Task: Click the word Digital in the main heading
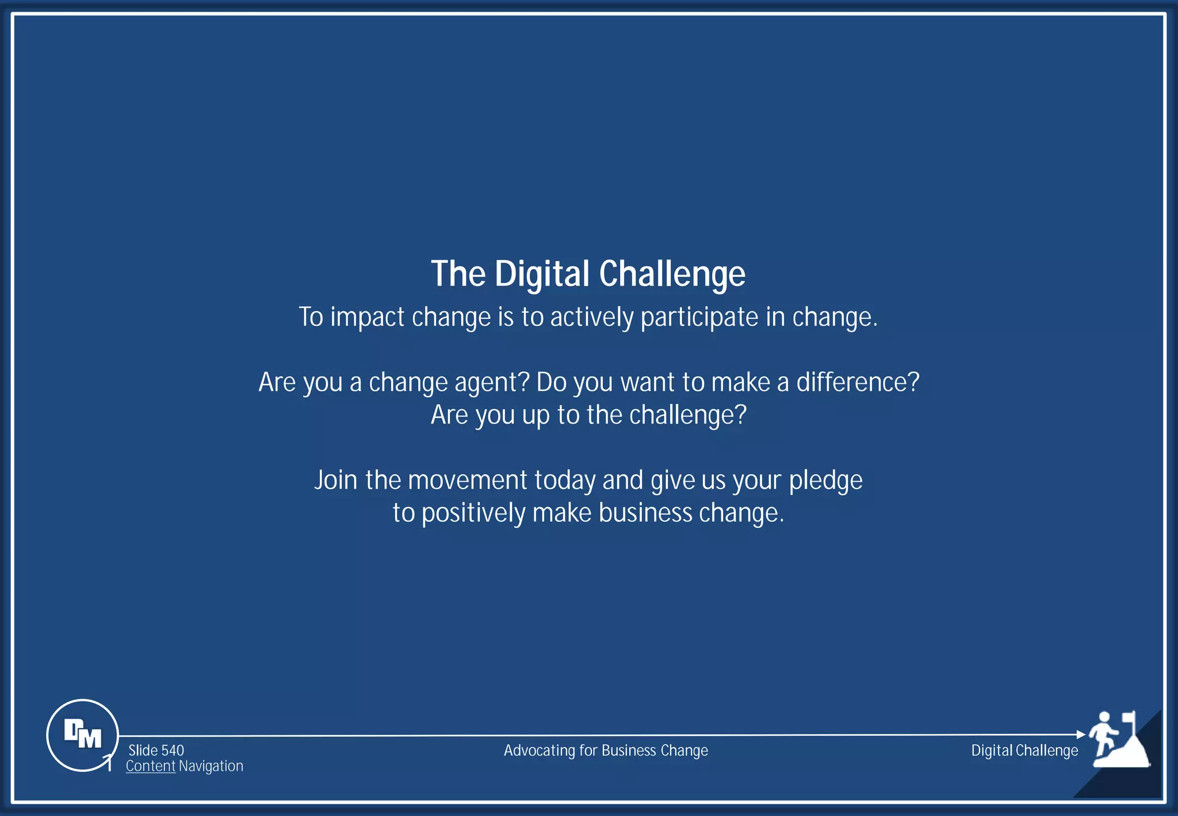(x=542, y=274)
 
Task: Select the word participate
(x=699, y=318)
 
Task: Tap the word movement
(x=467, y=480)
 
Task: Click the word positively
(x=473, y=513)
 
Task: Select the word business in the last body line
(x=645, y=513)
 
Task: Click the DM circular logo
(x=82, y=735)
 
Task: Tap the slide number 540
(x=172, y=750)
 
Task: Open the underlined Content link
(x=150, y=766)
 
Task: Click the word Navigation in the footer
(x=211, y=766)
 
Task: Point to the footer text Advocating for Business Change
(x=606, y=750)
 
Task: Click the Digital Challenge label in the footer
(x=1024, y=750)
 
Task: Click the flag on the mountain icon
(x=1129, y=718)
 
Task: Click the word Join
(x=336, y=480)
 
